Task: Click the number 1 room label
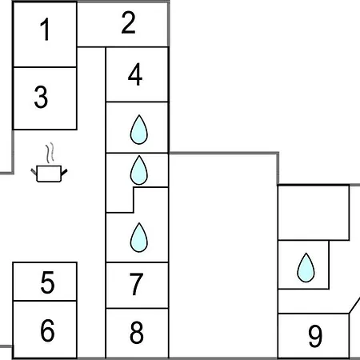(x=46, y=30)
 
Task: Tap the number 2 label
(x=128, y=22)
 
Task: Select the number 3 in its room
(x=41, y=97)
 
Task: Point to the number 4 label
(x=135, y=74)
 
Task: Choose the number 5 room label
(x=47, y=282)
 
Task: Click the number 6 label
(x=47, y=330)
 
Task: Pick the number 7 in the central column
(x=136, y=284)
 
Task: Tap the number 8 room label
(x=137, y=332)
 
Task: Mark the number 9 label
(x=315, y=336)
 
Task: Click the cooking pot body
(x=49, y=174)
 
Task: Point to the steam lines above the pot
(x=50, y=153)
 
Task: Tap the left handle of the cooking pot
(x=34, y=172)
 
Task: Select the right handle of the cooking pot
(x=64, y=172)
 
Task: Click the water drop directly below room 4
(x=138, y=130)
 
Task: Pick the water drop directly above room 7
(x=139, y=238)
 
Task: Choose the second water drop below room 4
(x=138, y=170)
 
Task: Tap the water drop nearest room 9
(x=306, y=267)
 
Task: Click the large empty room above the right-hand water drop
(x=314, y=213)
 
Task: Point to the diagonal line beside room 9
(x=354, y=306)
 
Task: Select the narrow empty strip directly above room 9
(x=314, y=302)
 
